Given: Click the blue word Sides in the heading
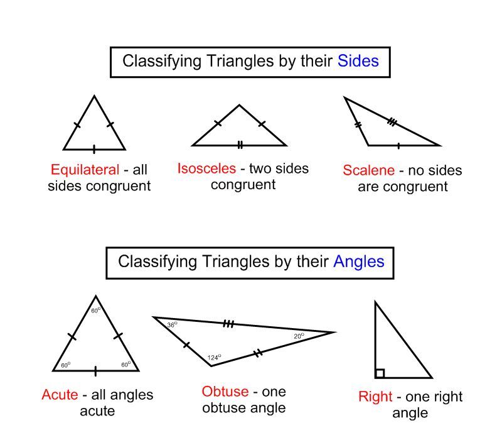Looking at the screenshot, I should pyautogui.click(x=358, y=61).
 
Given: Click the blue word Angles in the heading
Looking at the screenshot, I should pyautogui.click(x=359, y=261).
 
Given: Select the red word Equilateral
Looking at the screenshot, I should pyautogui.click(x=85, y=170).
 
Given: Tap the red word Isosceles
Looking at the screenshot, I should pyautogui.click(x=206, y=168).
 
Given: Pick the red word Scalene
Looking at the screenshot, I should pyautogui.click(x=369, y=170).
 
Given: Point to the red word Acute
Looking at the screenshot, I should pyautogui.click(x=60, y=395).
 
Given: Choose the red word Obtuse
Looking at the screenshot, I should pyautogui.click(x=225, y=392).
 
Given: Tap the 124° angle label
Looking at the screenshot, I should pyautogui.click(x=214, y=358).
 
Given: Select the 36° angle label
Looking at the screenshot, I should pyautogui.click(x=172, y=324).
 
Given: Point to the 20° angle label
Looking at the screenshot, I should pyautogui.click(x=299, y=336).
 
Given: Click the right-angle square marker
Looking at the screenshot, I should pyautogui.click(x=380, y=373).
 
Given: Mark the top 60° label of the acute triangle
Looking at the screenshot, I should pyautogui.click(x=95, y=310).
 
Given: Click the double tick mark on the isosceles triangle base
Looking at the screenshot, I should pyautogui.click(x=240, y=145).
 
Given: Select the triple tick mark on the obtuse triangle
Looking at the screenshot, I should pyautogui.click(x=228, y=324).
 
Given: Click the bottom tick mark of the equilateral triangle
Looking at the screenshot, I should pyautogui.click(x=94, y=150).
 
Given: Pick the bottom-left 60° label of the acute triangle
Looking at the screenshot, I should pyautogui.click(x=65, y=365).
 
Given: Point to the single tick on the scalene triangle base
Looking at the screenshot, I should pyautogui.click(x=399, y=145).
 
